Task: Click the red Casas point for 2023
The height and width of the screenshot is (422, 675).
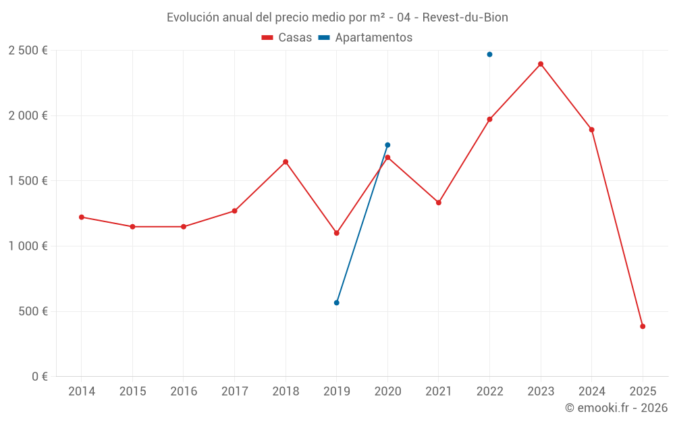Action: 541,64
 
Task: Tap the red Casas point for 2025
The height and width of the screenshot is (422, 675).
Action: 643,326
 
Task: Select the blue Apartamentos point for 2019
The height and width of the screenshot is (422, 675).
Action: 337,302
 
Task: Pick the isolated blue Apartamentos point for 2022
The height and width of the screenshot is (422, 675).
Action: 489,54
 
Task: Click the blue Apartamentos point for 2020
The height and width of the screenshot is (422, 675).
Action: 387,145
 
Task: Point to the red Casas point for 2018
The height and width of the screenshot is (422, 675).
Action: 286,162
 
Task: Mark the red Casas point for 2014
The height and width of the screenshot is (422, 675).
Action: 82,217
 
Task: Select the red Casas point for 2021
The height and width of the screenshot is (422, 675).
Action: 439,203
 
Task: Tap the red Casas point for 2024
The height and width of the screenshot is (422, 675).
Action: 591,130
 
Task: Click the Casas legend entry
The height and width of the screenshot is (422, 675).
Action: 287,38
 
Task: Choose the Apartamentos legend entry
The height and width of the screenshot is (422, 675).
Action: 366,38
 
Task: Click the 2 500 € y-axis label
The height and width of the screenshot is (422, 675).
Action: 28,51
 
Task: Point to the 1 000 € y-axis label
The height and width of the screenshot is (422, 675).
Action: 28,246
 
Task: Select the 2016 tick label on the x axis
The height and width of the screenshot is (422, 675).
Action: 184,392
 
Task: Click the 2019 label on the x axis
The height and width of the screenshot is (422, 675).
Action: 337,392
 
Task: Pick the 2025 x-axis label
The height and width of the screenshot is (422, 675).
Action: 643,392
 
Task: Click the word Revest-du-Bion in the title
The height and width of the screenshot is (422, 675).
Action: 465,17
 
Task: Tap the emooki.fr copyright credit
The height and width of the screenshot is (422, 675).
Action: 616,408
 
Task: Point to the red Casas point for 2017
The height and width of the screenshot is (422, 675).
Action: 234,211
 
